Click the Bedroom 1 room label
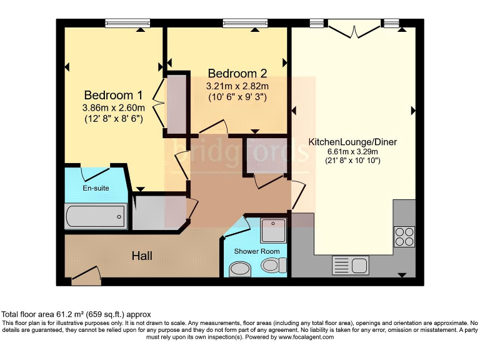(x=113, y=96)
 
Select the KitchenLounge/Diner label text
(x=352, y=142)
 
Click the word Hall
(x=142, y=256)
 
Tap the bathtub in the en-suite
(x=96, y=217)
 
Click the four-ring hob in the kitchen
(x=404, y=236)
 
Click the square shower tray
(x=272, y=231)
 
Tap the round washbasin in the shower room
(x=239, y=269)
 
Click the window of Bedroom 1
(x=127, y=24)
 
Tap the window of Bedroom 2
(x=245, y=24)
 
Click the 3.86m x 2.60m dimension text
(x=113, y=107)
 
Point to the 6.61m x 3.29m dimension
(x=352, y=151)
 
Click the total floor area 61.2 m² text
(x=76, y=314)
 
